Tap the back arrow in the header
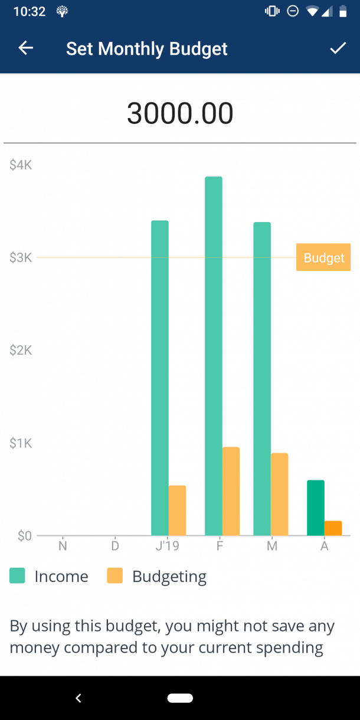[25, 48]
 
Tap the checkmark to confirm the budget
[338, 48]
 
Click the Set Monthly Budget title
[146, 48]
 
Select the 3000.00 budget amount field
[180, 113]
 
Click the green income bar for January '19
[160, 378]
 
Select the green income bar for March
[262, 378]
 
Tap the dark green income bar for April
[316, 508]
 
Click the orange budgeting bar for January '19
[177, 510]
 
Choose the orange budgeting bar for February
[231, 491]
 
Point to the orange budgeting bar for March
[279, 494]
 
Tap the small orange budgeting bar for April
[333, 528]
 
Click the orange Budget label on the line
[323, 257]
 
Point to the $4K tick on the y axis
[21, 165]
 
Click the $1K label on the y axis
[21, 443]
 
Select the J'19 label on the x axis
[167, 546]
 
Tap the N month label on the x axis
[63, 546]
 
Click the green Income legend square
[17, 575]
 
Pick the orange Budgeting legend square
[114, 575]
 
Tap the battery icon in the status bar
[343, 11]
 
